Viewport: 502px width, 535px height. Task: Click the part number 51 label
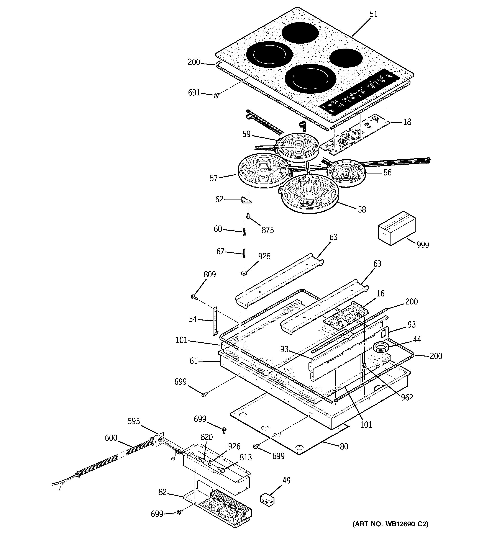[373, 14]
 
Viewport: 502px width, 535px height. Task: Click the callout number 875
[267, 230]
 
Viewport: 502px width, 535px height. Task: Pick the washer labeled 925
[244, 274]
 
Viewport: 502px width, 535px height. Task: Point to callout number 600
[111, 438]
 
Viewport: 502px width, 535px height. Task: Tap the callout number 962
[407, 397]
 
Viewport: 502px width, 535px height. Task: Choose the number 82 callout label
[162, 492]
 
